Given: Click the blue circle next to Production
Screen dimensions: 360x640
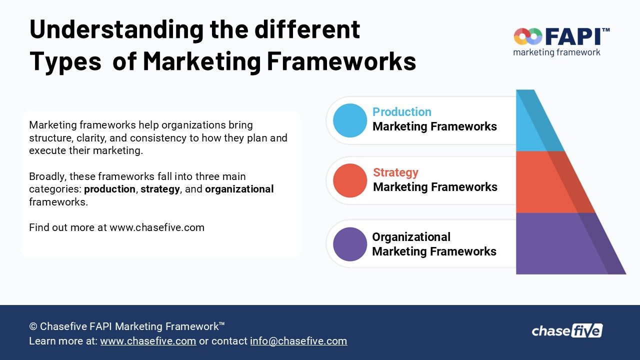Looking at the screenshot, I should click(350, 120).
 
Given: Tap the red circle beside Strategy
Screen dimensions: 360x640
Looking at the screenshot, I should click(350, 180).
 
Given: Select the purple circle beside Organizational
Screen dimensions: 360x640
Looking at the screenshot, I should click(350, 244).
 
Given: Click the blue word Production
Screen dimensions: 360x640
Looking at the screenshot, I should click(401, 112).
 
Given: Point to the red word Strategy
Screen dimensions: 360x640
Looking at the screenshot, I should click(395, 172).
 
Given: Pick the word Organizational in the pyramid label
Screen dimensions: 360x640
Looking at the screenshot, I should click(411, 237).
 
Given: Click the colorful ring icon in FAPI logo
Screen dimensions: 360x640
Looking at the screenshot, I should click(528, 36).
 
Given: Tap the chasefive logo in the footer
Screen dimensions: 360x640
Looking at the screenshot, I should click(567, 331).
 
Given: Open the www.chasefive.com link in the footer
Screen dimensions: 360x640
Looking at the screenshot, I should click(148, 341).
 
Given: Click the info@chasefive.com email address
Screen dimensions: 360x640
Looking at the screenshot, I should click(298, 341).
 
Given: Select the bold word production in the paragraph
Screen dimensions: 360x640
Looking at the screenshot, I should click(109, 189).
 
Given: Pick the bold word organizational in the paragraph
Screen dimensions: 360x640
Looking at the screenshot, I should click(239, 189).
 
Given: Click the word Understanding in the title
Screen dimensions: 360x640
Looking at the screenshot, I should click(116, 29).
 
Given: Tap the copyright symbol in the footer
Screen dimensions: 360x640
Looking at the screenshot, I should click(33, 326).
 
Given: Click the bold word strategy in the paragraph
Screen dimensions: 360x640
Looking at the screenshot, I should click(160, 189).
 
